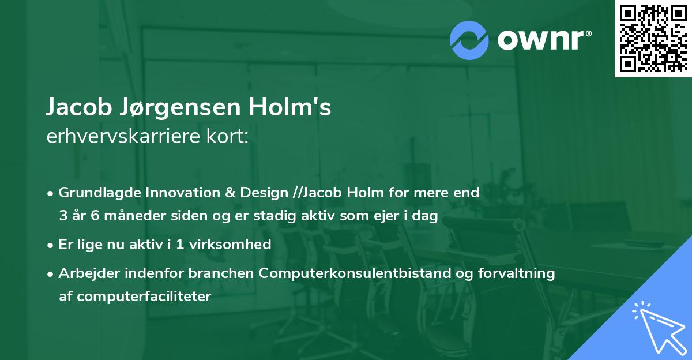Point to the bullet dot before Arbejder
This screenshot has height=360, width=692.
51,273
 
